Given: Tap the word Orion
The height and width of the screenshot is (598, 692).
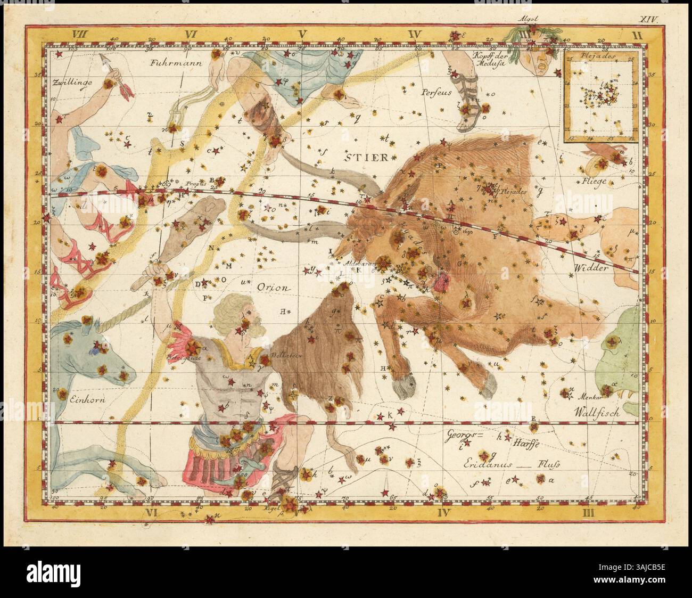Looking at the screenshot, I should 274,287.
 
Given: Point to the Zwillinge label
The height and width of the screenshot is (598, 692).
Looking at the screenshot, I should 72,83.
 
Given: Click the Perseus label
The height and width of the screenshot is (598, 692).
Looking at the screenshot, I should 436,92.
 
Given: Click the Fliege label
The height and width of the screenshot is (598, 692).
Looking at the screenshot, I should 594,181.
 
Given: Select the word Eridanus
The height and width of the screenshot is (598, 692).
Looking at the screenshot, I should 469,464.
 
